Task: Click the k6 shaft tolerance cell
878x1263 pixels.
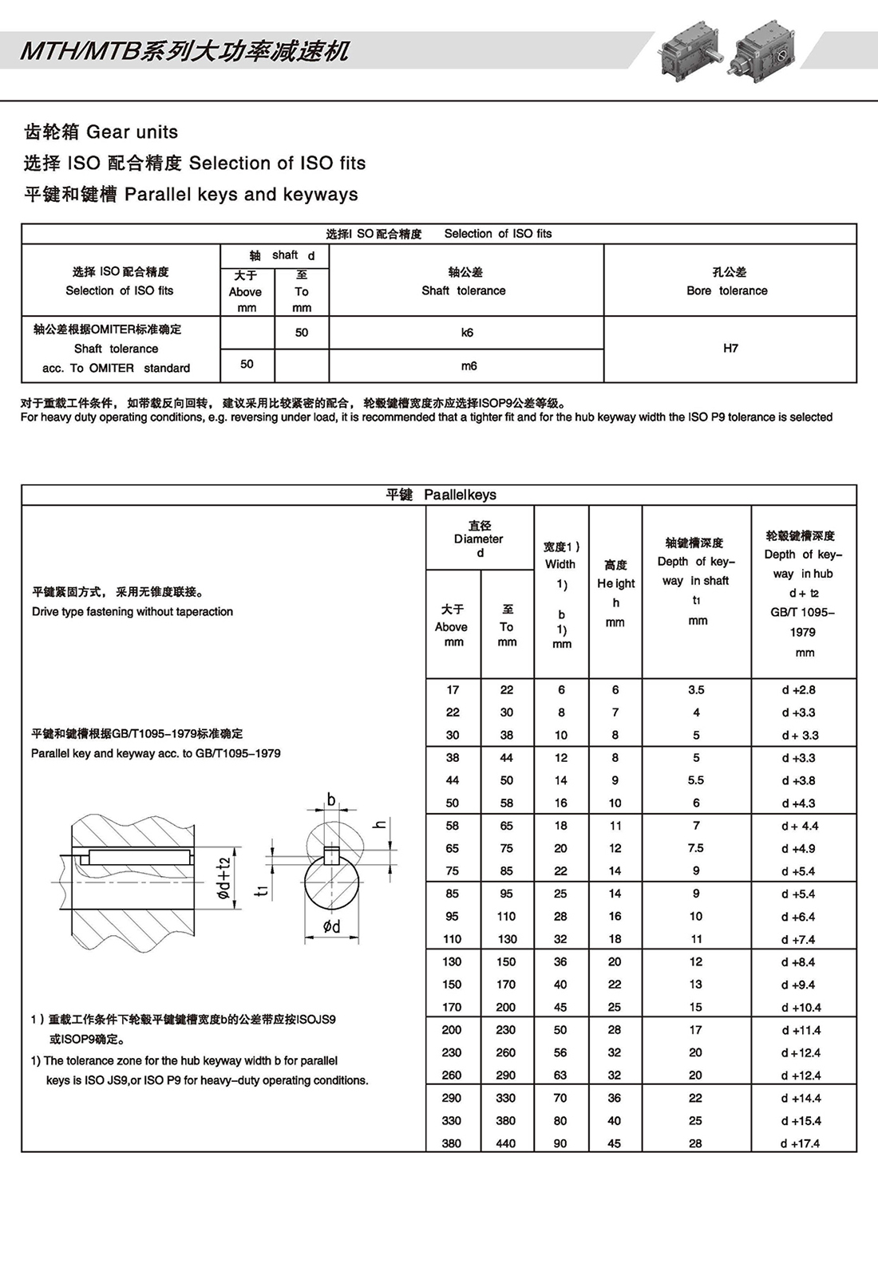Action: click(467, 333)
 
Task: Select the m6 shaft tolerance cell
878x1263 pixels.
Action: click(469, 365)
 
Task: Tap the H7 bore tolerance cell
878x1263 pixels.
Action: click(730, 348)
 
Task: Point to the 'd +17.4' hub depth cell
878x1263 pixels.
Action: click(801, 1143)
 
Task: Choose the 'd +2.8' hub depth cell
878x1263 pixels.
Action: click(799, 690)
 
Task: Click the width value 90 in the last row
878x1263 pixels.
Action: click(560, 1143)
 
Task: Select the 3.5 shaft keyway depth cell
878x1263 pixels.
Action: click(696, 690)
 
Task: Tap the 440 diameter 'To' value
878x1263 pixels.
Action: click(506, 1143)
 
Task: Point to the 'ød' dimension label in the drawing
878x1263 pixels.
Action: click(331, 926)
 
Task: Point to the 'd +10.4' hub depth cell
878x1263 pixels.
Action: click(801, 1008)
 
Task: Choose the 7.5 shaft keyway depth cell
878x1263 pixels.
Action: click(696, 848)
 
